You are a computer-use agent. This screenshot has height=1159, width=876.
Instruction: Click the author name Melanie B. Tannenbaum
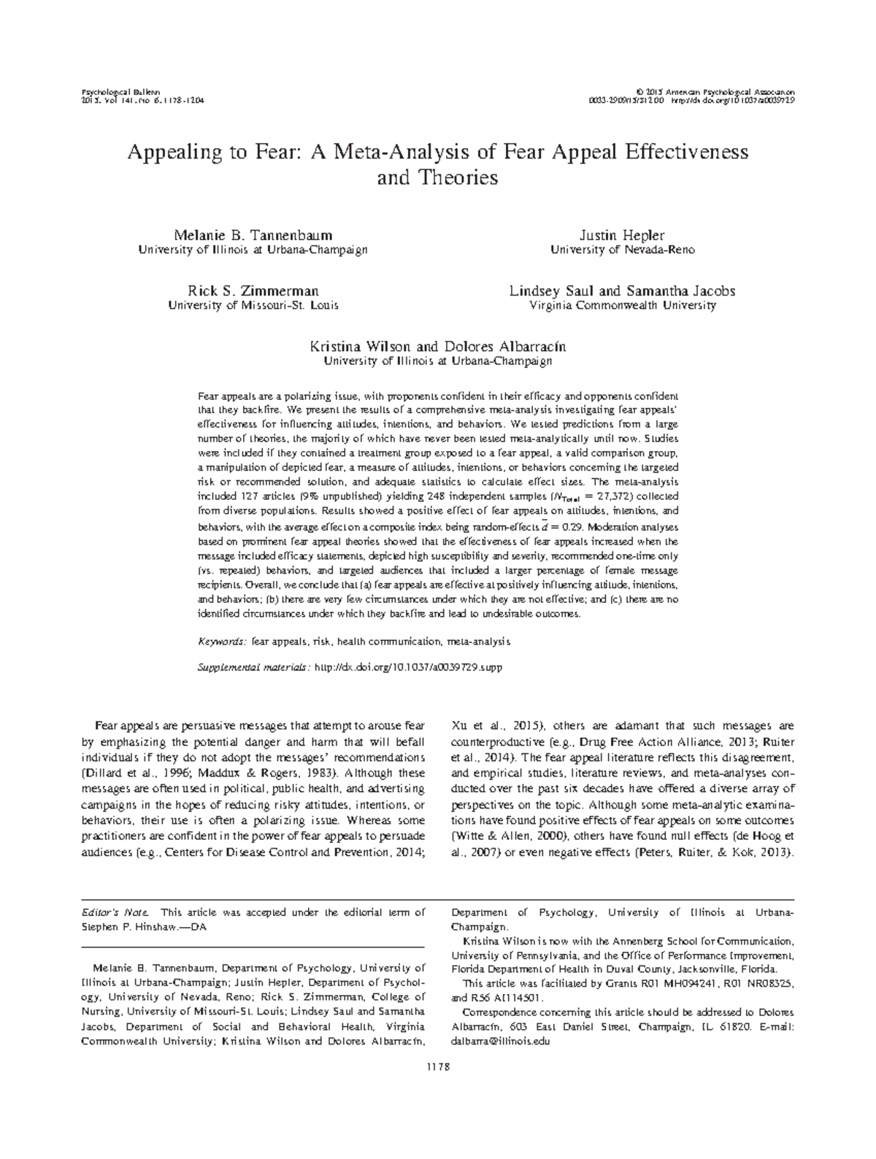tap(253, 235)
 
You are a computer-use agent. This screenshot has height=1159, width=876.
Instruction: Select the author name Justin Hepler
tap(622, 235)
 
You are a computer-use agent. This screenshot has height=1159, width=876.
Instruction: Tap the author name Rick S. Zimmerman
tap(253, 291)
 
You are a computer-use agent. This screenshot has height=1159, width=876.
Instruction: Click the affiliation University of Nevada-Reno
tap(622, 250)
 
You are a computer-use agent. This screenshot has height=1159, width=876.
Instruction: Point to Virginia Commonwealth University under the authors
tap(622, 306)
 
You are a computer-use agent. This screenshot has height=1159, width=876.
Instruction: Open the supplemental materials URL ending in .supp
tap(407, 666)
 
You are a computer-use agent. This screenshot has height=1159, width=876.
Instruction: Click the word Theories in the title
tap(457, 177)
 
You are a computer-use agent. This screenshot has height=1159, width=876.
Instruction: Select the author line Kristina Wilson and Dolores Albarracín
tap(438, 346)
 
